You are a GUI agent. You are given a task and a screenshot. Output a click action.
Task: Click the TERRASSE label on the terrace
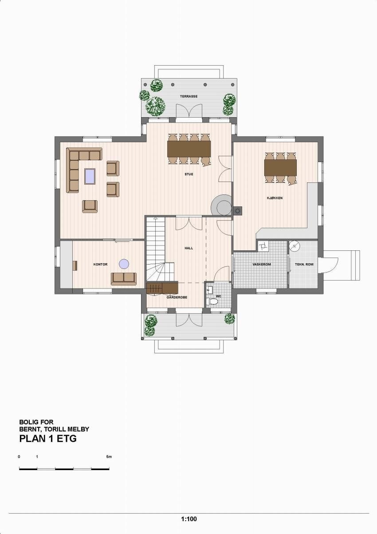(x=188, y=96)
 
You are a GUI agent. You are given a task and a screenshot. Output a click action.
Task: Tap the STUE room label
(x=189, y=174)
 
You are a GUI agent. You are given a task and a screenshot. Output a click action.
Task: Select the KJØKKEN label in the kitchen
(x=275, y=198)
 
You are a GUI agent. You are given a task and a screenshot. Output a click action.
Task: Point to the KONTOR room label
(x=100, y=265)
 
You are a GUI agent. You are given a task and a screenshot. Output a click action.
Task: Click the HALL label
(x=189, y=249)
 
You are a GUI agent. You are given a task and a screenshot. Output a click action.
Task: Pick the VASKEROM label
(x=261, y=265)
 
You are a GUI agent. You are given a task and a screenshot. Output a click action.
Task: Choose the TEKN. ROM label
(x=304, y=265)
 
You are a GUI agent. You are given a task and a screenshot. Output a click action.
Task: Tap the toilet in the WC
(x=213, y=301)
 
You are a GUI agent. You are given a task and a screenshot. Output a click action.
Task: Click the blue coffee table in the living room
(x=90, y=176)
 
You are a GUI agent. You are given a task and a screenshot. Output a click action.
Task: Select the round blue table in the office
(x=124, y=264)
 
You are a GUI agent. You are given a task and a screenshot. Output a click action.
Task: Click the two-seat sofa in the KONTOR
(x=123, y=278)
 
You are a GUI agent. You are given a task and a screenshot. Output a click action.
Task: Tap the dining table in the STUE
(x=188, y=149)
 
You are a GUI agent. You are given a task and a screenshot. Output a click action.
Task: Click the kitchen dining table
(x=280, y=167)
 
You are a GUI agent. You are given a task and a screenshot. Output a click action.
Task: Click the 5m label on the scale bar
(x=109, y=457)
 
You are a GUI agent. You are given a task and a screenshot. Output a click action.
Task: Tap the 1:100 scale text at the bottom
(x=188, y=519)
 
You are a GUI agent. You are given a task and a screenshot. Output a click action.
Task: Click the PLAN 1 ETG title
(x=48, y=439)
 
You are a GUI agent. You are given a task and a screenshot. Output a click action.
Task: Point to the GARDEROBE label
(x=177, y=297)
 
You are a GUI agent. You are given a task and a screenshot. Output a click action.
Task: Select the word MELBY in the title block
(x=79, y=429)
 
